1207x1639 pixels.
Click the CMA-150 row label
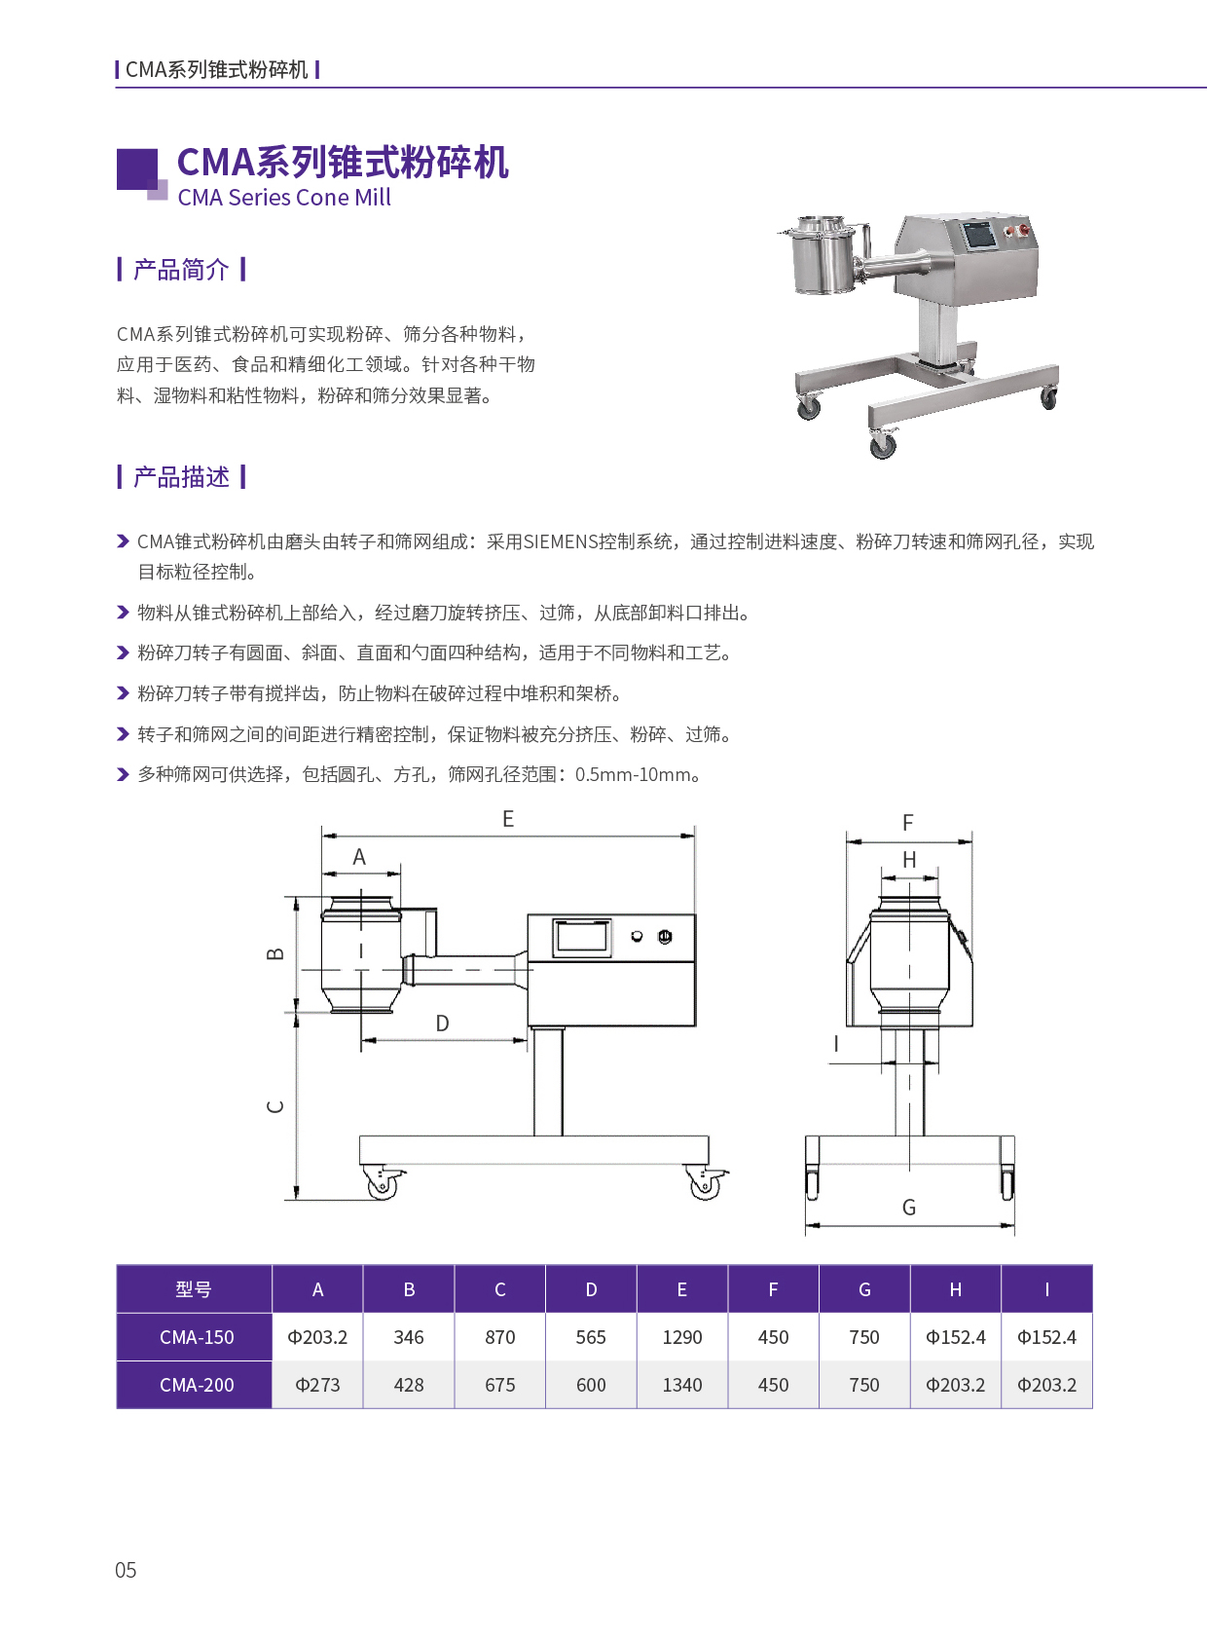[197, 1337]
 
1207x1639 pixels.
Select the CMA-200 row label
[197, 1385]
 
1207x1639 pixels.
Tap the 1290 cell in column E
[681, 1337]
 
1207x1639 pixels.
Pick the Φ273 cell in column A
[317, 1385]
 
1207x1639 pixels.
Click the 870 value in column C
[499, 1337]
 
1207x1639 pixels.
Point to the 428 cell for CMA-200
[408, 1385]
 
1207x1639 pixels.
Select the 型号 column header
[194, 1289]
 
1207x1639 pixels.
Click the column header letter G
[864, 1289]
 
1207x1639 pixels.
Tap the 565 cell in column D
[590, 1337]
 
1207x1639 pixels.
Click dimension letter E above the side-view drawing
[508, 819]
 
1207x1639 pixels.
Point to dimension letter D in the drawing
[442, 1023]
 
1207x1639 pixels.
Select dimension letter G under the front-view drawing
[908, 1208]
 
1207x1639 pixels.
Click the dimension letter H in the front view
[908, 860]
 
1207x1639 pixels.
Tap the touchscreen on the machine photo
[979, 236]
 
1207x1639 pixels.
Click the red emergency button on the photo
[1023, 230]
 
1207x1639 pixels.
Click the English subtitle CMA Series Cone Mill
[284, 198]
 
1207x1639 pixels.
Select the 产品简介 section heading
[181, 269]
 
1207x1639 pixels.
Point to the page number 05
[126, 1570]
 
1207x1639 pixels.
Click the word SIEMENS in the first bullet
[561, 541]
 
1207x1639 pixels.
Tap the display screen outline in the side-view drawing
[582, 938]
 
